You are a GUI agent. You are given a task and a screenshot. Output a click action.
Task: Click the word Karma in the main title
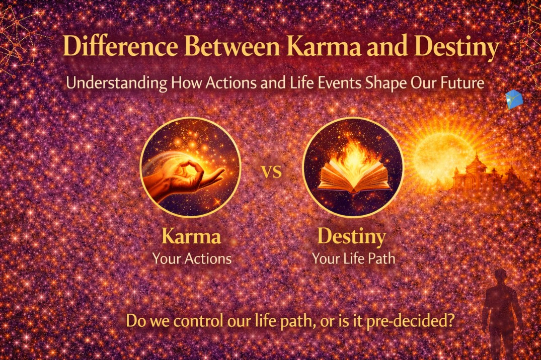[340, 47]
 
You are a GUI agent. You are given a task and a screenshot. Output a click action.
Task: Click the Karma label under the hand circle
[191, 238]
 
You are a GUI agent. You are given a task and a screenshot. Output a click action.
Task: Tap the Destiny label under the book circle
[352, 238]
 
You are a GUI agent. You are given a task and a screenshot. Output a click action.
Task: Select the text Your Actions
[192, 258]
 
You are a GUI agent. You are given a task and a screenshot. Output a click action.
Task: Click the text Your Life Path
[352, 258]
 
